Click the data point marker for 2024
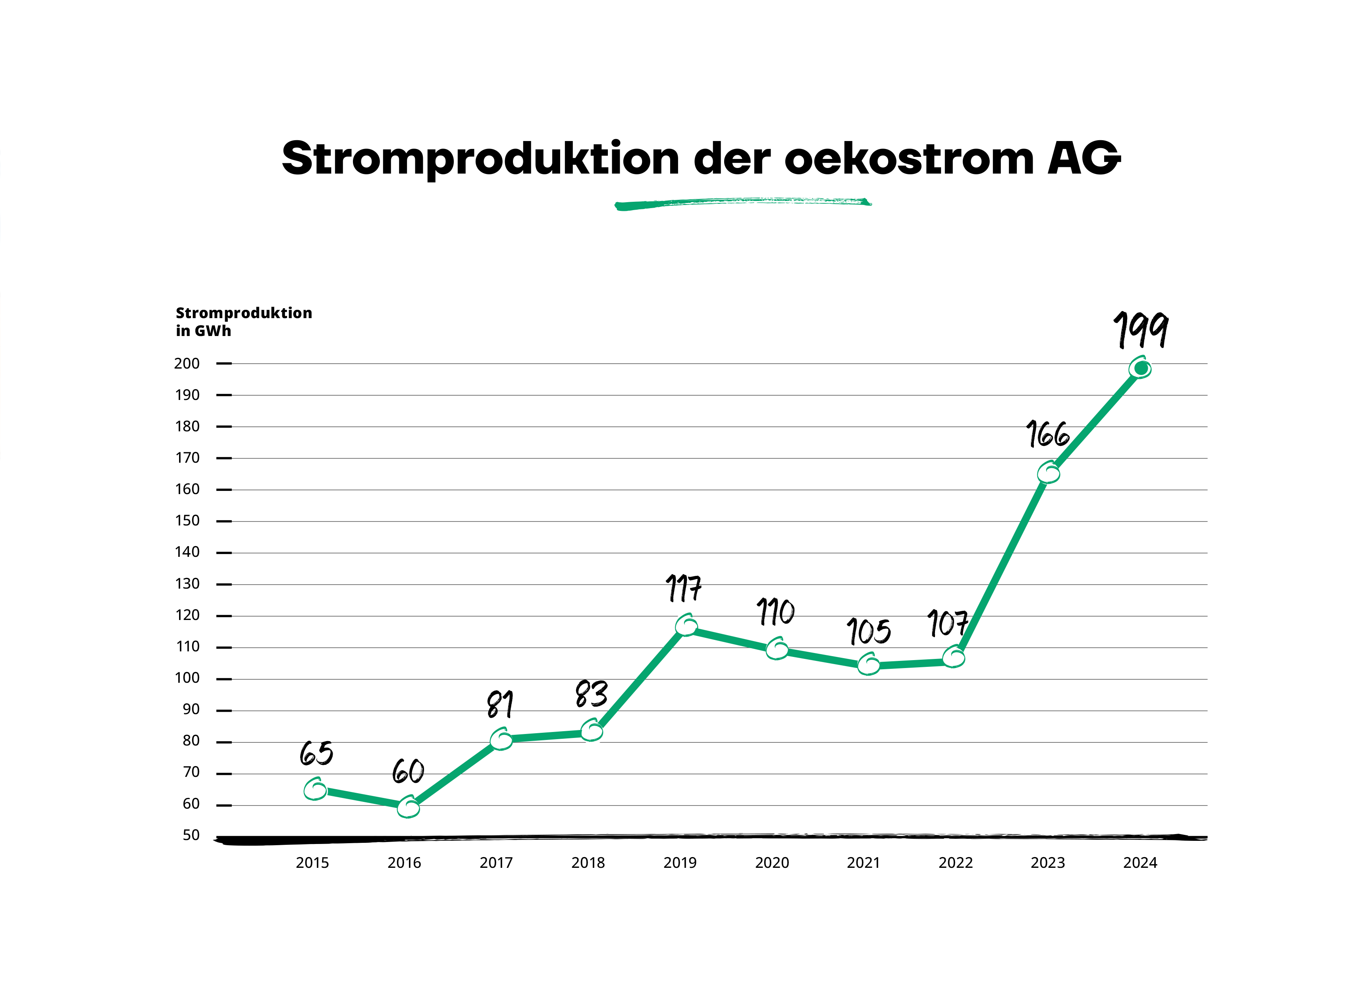1140,368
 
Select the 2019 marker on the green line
686,626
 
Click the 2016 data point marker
408,807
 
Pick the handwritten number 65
316,753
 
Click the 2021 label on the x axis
864,863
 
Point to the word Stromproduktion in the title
480,159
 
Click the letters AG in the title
1084,158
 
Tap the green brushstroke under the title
743,203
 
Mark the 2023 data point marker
1049,473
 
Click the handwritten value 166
1048,434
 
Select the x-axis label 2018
588,863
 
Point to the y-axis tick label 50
191,835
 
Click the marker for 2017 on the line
501,739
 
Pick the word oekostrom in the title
909,159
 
